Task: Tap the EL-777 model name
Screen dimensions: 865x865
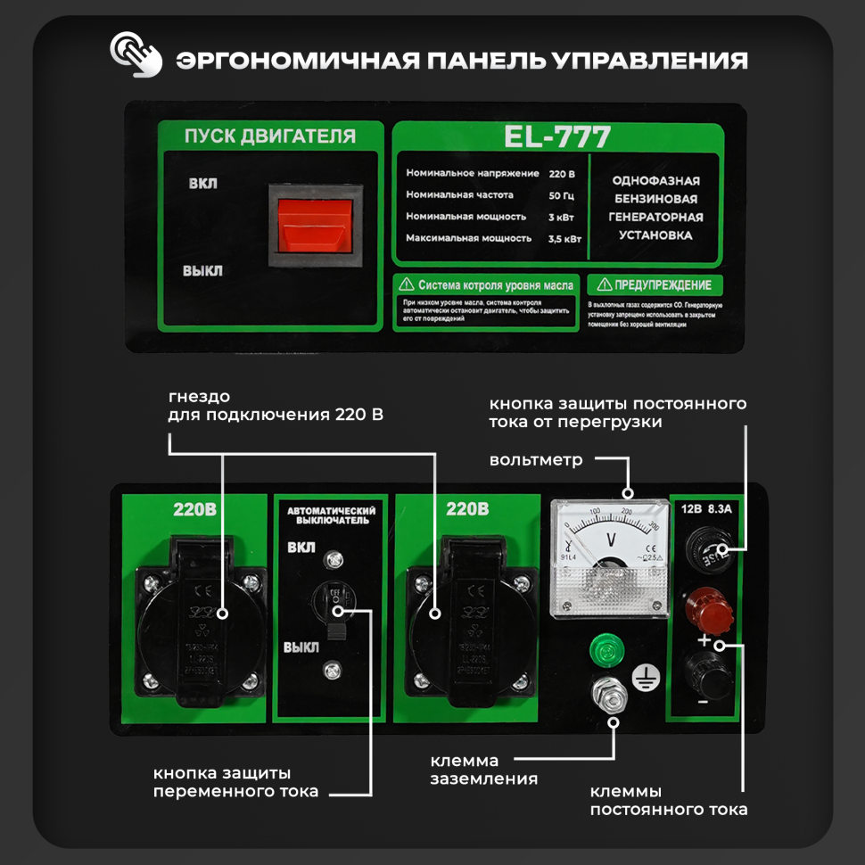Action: click(557, 136)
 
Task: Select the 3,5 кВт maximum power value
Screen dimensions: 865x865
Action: click(564, 238)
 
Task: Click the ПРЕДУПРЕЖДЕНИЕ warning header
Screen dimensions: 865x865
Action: click(655, 285)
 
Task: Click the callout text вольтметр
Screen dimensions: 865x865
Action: click(535, 460)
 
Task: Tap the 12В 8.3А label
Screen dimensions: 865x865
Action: click(706, 511)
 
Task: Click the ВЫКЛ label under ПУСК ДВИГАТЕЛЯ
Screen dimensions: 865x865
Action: click(202, 271)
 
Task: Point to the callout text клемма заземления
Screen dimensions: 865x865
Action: click(483, 770)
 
